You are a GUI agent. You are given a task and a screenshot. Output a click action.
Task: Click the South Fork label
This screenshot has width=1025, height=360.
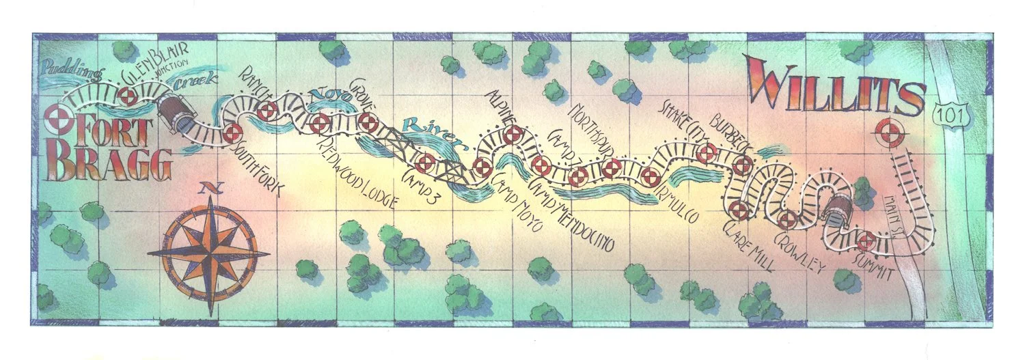point(258,167)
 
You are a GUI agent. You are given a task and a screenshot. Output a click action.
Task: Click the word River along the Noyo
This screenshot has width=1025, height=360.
point(430,134)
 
